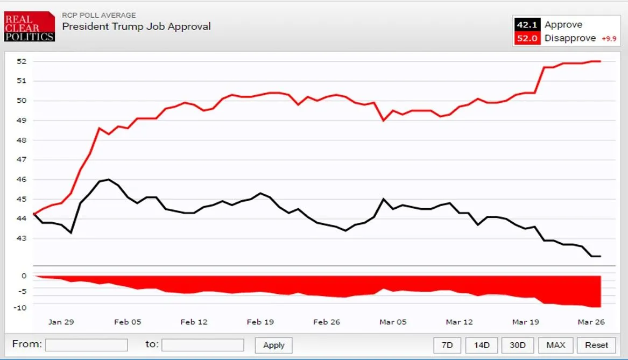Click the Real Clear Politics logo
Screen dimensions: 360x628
click(29, 27)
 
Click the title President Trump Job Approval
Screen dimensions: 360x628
click(136, 26)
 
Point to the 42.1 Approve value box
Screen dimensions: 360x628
click(526, 25)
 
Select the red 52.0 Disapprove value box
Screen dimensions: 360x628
click(526, 38)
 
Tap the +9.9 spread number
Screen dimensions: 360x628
click(608, 39)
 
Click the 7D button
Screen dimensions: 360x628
click(447, 345)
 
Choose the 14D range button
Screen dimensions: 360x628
click(481, 345)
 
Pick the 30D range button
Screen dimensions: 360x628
click(517, 345)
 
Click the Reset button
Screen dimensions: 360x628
click(596, 345)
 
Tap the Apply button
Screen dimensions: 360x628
click(273, 345)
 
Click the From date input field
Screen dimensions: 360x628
click(86, 345)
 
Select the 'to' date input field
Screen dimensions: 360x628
click(203, 345)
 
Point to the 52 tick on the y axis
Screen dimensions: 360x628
click(22, 61)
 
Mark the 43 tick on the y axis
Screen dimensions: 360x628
click(22, 238)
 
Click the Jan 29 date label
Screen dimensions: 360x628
click(61, 322)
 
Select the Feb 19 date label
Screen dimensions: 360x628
click(260, 322)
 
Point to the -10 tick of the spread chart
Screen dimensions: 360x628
click(20, 308)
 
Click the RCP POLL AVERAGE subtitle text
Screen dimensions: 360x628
click(99, 15)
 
